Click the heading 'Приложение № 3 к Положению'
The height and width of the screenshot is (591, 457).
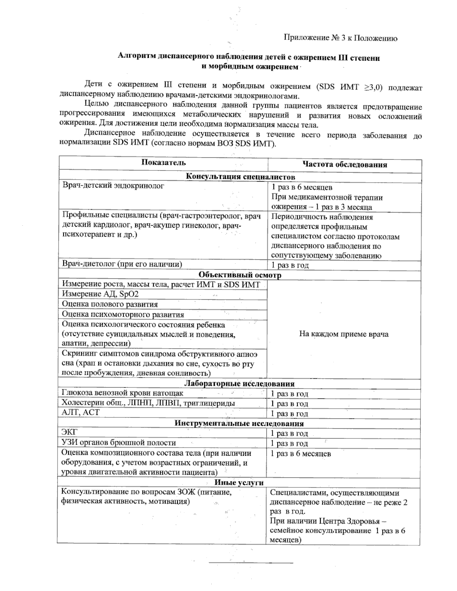[340, 38]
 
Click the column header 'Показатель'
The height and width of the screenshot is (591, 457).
[164, 162]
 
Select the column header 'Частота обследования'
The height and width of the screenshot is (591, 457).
[345, 164]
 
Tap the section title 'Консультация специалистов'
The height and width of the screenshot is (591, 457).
[240, 177]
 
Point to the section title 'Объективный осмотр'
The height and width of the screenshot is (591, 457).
[240, 275]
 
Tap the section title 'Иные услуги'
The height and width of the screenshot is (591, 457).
[239, 482]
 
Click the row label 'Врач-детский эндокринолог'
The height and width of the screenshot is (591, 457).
[113, 186]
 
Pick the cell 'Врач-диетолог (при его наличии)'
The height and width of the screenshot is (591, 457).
[122, 264]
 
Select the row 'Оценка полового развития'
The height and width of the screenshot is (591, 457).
[110, 304]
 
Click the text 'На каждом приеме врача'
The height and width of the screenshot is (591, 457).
[344, 334]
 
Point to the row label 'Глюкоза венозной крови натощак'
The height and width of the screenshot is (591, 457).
[122, 393]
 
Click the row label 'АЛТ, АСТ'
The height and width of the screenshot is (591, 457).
[80, 413]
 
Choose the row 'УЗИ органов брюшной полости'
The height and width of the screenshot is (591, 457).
[118, 443]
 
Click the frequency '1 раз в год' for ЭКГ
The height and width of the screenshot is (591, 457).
[289, 433]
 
